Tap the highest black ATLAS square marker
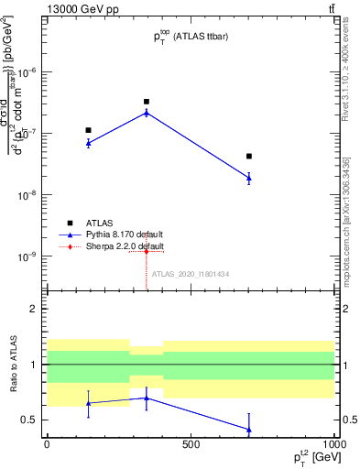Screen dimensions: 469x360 click(x=147, y=102)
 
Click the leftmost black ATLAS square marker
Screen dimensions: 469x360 click(x=88, y=130)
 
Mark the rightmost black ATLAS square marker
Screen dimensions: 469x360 click(x=249, y=157)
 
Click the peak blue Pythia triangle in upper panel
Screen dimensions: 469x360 click(x=147, y=113)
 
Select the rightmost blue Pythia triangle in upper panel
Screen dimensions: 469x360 click(x=249, y=178)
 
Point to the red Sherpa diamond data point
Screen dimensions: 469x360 click(x=147, y=251)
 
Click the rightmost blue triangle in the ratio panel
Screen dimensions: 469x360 click(x=249, y=429)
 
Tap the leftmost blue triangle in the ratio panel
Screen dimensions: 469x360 click(x=88, y=403)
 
